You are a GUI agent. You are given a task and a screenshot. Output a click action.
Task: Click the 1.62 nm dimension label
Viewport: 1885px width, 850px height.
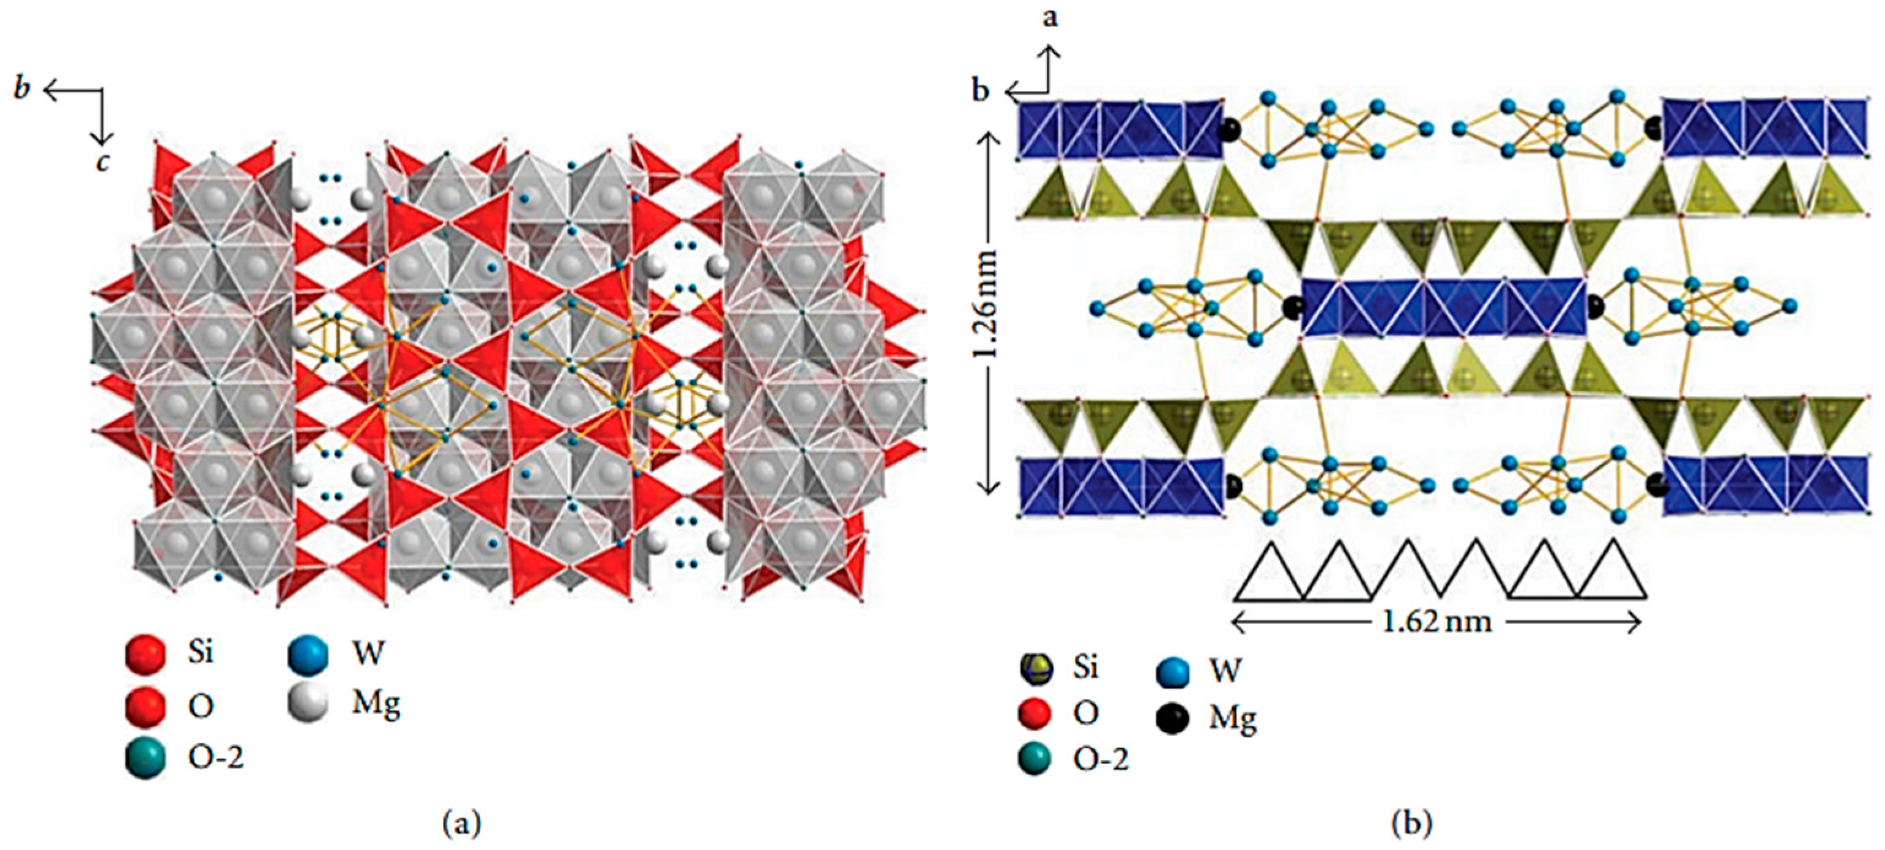(x=1437, y=622)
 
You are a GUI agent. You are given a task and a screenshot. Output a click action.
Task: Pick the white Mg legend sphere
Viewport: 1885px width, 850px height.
(x=308, y=704)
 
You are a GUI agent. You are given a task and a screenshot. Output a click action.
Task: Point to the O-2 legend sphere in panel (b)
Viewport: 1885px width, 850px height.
(x=1035, y=759)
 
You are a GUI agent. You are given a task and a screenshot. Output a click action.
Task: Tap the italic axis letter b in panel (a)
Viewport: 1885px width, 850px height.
(x=22, y=88)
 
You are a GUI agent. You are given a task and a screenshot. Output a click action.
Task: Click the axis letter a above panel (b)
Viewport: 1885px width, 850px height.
(x=1050, y=18)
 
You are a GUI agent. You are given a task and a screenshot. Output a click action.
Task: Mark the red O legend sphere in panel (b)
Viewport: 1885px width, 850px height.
(x=1035, y=713)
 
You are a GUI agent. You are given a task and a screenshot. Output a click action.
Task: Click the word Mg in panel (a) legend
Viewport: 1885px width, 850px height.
(x=376, y=704)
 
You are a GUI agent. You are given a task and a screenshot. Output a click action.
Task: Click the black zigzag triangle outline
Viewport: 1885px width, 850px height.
(x=1440, y=571)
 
